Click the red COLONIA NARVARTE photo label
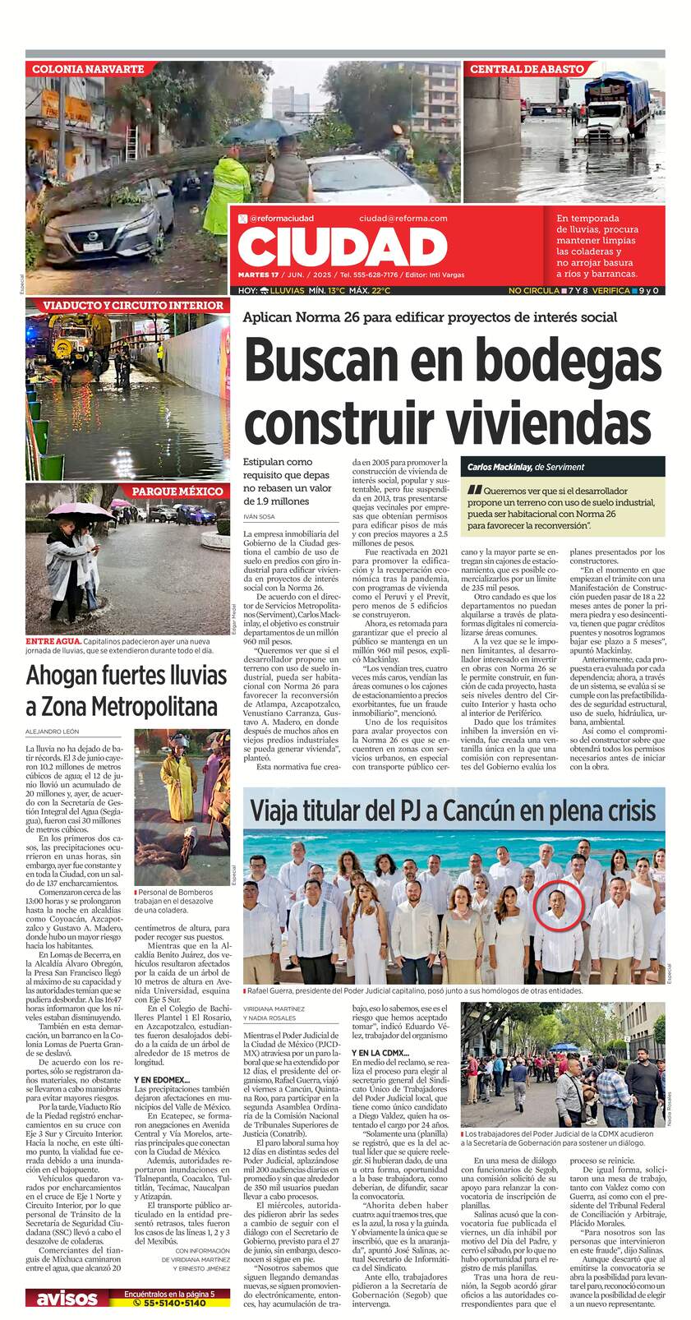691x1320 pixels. (87, 70)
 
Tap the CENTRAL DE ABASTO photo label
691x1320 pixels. (526, 70)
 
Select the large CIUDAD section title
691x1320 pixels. (344, 247)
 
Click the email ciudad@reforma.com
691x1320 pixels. (403, 218)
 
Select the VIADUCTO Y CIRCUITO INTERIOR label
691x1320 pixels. (127, 306)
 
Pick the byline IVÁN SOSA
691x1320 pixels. (259, 516)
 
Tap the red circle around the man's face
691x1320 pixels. (560, 904)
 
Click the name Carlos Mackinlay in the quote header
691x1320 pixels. (499, 467)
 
